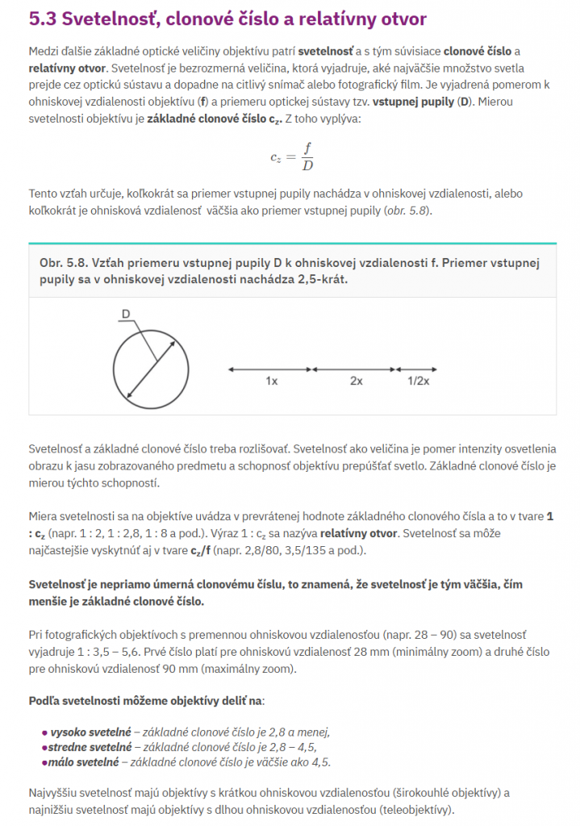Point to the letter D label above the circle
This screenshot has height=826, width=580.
coord(126,313)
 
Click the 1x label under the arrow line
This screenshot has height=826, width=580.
coord(271,382)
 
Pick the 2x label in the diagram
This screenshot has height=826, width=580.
coord(356,382)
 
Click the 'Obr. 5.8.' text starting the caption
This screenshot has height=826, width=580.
coord(63,264)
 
